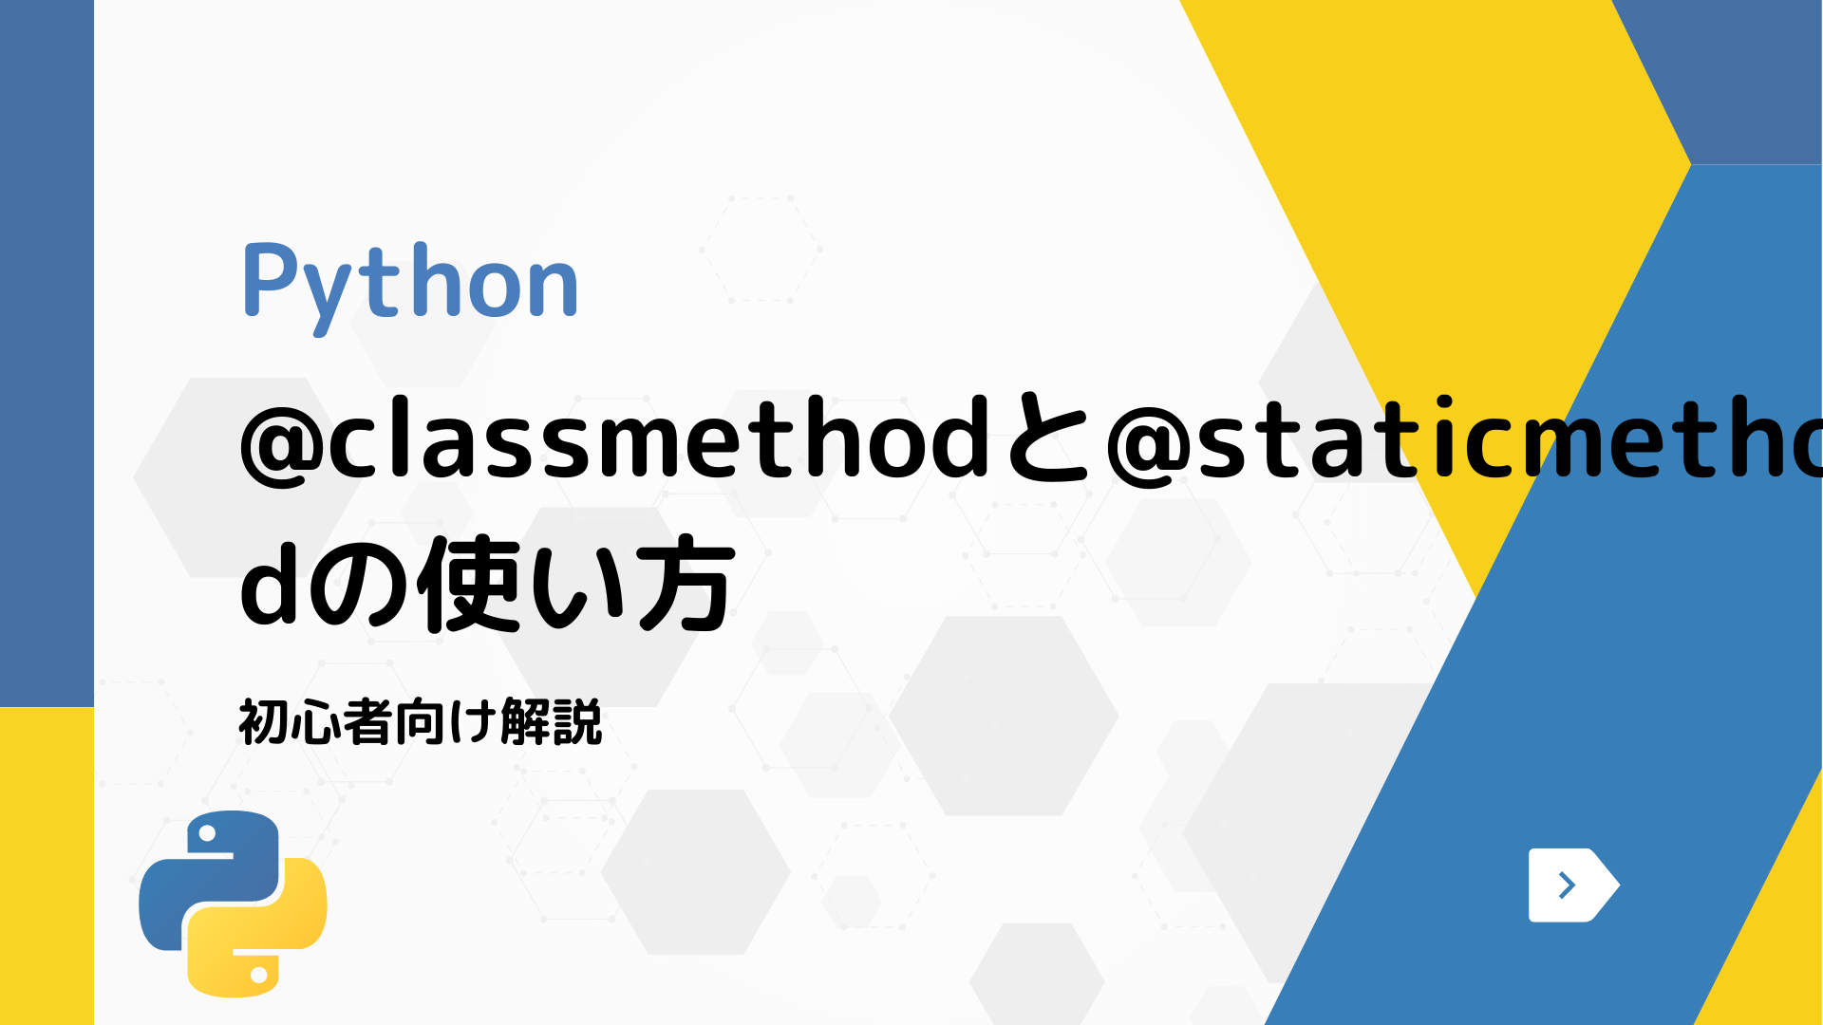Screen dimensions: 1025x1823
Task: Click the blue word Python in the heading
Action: click(410, 283)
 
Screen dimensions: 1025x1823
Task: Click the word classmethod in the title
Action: click(659, 440)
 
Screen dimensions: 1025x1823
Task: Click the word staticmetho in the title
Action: click(1510, 440)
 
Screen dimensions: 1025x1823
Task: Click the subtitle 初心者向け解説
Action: click(420, 723)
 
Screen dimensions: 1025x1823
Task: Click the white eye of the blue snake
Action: click(205, 834)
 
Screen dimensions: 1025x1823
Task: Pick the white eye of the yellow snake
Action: click(258, 974)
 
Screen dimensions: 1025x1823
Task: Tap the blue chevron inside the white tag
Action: click(1567, 885)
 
